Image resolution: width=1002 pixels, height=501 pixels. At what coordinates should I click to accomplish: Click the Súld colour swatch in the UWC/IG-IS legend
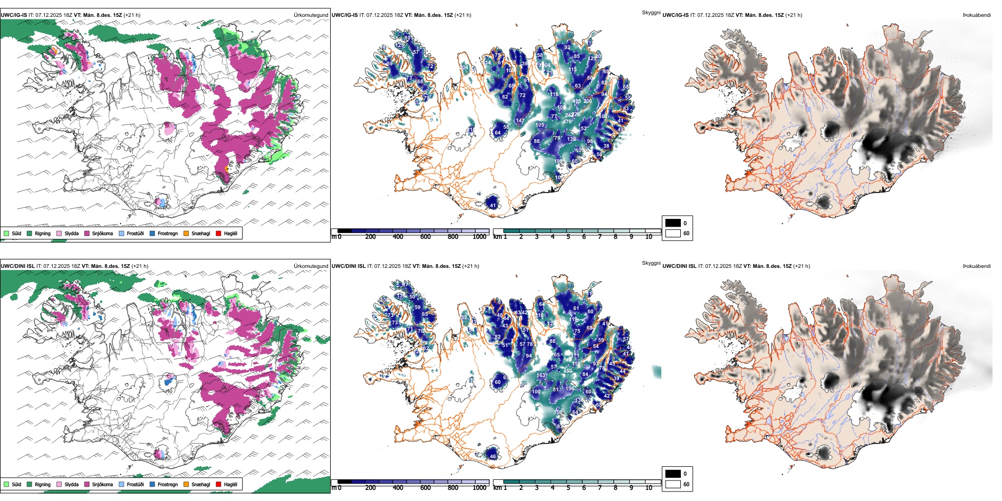pyautogui.click(x=6, y=233)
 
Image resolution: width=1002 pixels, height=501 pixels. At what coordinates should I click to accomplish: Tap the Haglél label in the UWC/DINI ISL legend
pyautogui.click(x=230, y=484)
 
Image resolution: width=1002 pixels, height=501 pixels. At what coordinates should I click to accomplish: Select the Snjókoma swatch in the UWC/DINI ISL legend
pyautogui.click(x=87, y=484)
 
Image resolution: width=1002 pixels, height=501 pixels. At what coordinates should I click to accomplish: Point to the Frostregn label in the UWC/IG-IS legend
pyautogui.click(x=168, y=233)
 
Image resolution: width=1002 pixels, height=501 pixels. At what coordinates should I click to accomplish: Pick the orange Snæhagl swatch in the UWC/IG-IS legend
pyautogui.click(x=186, y=233)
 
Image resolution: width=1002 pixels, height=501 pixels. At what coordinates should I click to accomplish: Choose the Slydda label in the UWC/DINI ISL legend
pyautogui.click(x=71, y=484)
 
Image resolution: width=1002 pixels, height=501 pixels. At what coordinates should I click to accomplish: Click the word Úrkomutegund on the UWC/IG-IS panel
pyautogui.click(x=311, y=15)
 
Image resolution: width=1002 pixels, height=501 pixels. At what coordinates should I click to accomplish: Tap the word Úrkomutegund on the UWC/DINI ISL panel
pyautogui.click(x=311, y=266)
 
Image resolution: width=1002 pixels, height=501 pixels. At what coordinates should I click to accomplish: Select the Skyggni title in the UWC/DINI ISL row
pyautogui.click(x=651, y=263)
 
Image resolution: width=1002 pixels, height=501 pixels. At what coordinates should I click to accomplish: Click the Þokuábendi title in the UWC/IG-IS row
pyautogui.click(x=977, y=15)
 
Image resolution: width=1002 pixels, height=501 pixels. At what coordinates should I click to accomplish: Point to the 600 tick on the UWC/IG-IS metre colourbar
pyautogui.click(x=425, y=237)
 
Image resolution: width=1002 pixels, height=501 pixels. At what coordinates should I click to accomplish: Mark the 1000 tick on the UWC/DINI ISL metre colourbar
pyautogui.click(x=479, y=488)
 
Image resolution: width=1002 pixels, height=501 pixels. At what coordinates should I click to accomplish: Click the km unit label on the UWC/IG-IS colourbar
pyautogui.click(x=497, y=237)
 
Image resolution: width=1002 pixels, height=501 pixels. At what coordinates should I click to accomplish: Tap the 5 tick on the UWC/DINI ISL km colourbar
pyautogui.click(x=568, y=488)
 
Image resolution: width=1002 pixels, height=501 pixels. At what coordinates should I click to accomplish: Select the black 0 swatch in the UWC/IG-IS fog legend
pyautogui.click(x=673, y=223)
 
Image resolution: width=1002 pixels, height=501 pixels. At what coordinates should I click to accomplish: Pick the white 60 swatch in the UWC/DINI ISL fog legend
pyautogui.click(x=673, y=484)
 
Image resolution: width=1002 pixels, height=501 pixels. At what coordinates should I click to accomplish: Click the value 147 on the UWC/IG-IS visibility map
pyautogui.click(x=520, y=121)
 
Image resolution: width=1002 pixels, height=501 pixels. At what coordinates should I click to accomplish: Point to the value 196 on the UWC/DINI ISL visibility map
pyautogui.click(x=570, y=389)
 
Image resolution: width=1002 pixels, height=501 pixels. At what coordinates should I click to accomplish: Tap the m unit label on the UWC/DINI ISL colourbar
pyautogui.click(x=333, y=488)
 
